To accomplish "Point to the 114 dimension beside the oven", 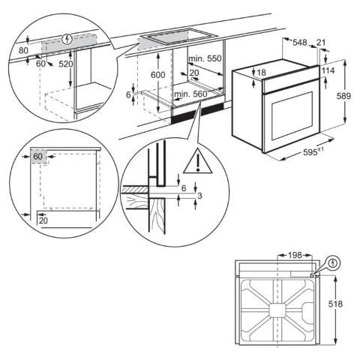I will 328,70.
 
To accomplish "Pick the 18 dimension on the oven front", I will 261,73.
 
